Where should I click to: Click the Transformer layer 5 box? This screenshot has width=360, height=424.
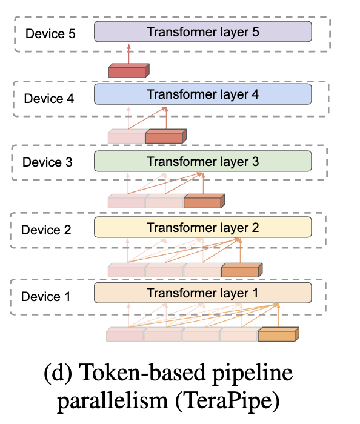point(202,31)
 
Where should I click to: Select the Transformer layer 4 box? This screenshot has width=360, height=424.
point(202,94)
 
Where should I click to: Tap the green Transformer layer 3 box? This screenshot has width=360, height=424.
point(202,162)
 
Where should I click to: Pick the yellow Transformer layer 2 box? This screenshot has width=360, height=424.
point(202,228)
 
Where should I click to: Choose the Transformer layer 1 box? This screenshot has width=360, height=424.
point(202,293)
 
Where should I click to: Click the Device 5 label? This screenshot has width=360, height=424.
point(50,33)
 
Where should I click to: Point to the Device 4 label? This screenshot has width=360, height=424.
point(49,98)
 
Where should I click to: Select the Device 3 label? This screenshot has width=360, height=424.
point(48,163)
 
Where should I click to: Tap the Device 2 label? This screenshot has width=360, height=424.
point(47,230)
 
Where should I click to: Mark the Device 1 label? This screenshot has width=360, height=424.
point(45,297)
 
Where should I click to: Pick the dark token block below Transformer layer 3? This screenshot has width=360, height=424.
point(203,201)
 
